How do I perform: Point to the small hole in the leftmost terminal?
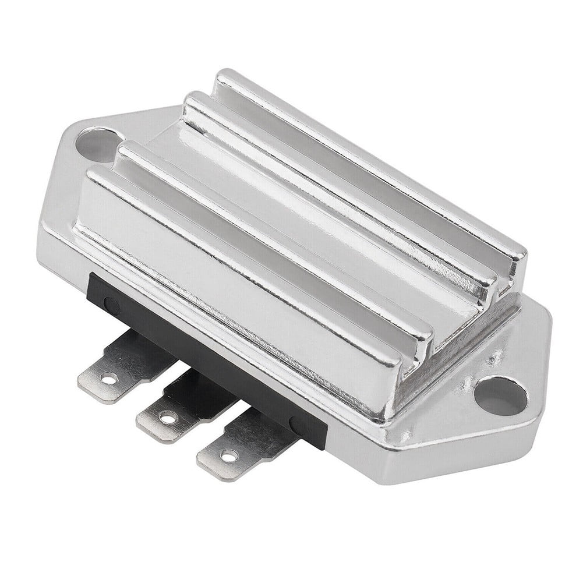coord(108,380)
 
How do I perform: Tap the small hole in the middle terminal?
coord(168,418)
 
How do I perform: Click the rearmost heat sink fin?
coord(373,157)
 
